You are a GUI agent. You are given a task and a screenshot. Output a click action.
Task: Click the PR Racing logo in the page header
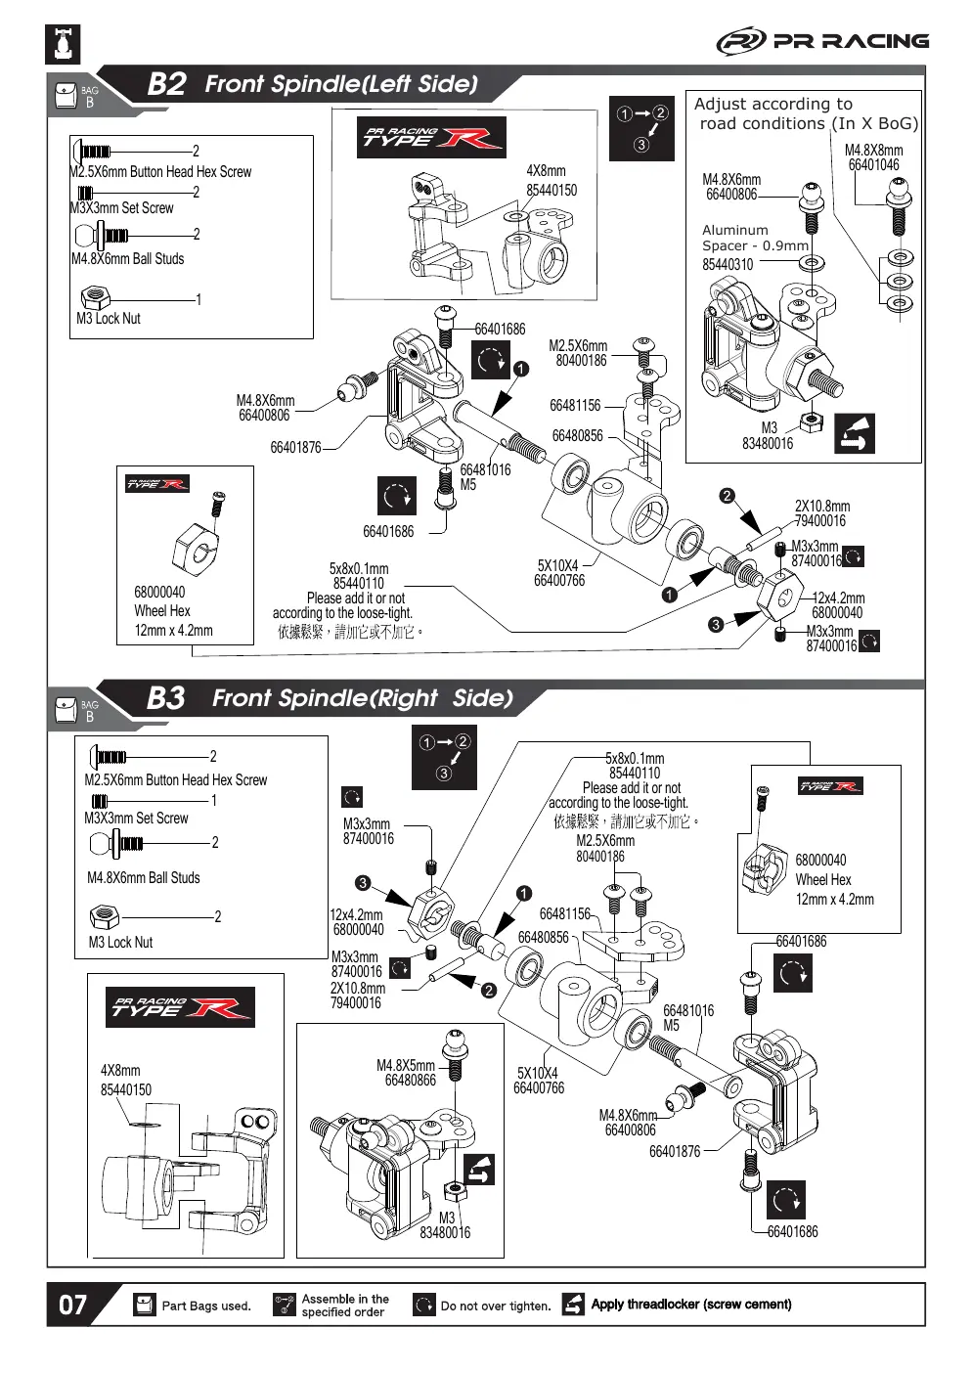click(x=822, y=41)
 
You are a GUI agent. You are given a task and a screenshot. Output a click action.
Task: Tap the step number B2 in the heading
click(x=166, y=84)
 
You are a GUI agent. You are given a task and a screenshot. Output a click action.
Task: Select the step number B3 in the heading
click(x=165, y=698)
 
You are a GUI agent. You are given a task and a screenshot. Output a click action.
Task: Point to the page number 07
click(x=72, y=1305)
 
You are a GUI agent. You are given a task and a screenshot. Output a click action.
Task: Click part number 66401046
click(x=873, y=164)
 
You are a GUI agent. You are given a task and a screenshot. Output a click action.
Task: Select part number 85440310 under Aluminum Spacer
click(x=728, y=264)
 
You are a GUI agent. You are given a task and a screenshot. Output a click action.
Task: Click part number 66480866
click(x=410, y=1080)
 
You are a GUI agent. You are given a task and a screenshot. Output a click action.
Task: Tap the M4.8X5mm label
click(x=406, y=1065)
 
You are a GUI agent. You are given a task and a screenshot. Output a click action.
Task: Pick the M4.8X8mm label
click(x=873, y=151)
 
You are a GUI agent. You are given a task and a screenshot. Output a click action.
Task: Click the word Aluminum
click(x=735, y=230)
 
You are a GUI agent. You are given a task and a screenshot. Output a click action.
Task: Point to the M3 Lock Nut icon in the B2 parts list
click(x=95, y=298)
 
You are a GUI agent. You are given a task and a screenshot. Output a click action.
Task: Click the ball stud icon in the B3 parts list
click(x=116, y=843)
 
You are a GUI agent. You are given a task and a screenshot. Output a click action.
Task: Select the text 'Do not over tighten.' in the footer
click(x=496, y=1306)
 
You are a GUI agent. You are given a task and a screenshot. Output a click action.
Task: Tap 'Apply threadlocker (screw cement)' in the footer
click(x=691, y=1305)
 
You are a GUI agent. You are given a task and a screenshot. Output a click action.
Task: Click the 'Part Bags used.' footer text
click(x=206, y=1306)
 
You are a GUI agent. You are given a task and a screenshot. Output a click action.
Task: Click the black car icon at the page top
click(x=63, y=44)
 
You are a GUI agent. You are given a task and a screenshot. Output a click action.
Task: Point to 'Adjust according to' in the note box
click(x=773, y=105)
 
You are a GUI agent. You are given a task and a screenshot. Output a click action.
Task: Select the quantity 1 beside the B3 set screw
click(x=214, y=800)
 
